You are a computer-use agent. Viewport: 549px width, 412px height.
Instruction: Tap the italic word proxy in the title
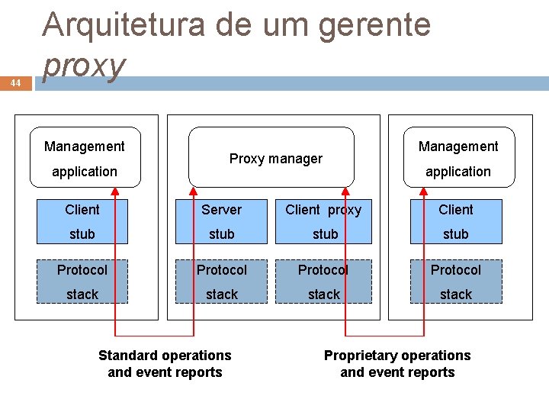coord(84,66)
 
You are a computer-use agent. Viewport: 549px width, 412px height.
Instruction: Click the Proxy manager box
coord(271,158)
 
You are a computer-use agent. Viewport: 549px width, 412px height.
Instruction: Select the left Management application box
coord(85,156)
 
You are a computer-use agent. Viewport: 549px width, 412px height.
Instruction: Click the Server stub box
coord(222,221)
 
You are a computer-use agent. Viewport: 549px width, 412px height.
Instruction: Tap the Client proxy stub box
coord(323,221)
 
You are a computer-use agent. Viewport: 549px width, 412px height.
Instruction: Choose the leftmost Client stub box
coord(82,221)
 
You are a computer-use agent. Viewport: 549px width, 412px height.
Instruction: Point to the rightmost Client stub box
coord(456,221)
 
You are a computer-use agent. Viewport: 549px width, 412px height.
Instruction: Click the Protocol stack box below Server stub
coord(222,282)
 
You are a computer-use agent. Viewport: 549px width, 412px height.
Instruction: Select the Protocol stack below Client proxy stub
coord(323,282)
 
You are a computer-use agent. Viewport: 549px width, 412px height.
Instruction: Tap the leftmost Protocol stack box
coord(82,282)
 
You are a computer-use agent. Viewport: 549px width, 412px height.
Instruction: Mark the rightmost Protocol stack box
coord(456,282)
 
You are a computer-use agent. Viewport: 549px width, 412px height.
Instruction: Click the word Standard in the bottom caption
coord(127,356)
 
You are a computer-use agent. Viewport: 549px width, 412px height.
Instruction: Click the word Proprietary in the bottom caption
coord(359,356)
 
